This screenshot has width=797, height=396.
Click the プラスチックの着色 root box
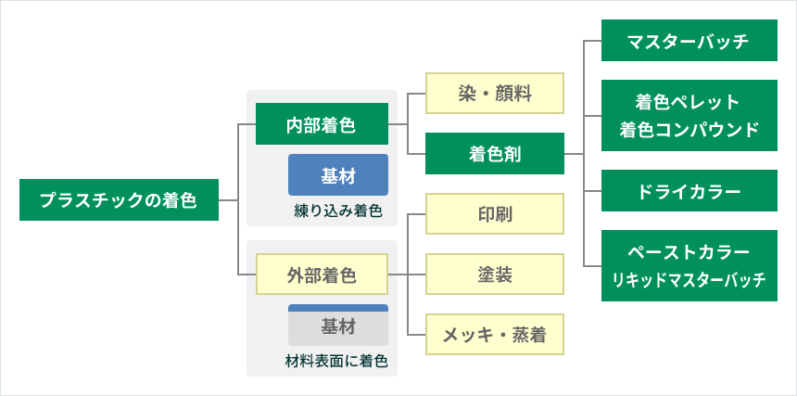click(x=119, y=199)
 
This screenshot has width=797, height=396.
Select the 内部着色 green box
click(x=322, y=124)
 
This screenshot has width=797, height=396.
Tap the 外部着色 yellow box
click(x=322, y=275)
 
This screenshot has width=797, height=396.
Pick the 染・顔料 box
click(x=495, y=93)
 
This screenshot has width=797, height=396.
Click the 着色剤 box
click(x=495, y=154)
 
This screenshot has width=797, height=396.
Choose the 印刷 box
click(x=495, y=213)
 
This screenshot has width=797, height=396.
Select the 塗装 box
click(x=495, y=274)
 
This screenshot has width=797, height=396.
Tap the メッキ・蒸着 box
click(x=495, y=334)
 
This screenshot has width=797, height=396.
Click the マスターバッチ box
click(x=689, y=40)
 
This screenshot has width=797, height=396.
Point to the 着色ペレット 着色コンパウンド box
click(x=689, y=115)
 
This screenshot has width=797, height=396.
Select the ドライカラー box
click(x=689, y=191)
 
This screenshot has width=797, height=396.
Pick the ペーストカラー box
click(x=689, y=265)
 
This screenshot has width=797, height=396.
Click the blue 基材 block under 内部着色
click(x=338, y=175)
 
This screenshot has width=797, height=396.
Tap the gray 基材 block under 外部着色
click(x=338, y=328)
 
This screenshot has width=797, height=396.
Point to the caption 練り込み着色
click(x=338, y=211)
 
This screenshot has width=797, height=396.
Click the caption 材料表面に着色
click(x=337, y=361)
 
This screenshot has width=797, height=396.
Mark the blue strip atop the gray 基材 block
click(x=338, y=308)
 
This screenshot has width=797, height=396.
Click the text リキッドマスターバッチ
click(x=689, y=280)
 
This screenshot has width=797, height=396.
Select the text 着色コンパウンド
click(x=689, y=129)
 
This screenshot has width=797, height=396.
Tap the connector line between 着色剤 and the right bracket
click(x=574, y=154)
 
